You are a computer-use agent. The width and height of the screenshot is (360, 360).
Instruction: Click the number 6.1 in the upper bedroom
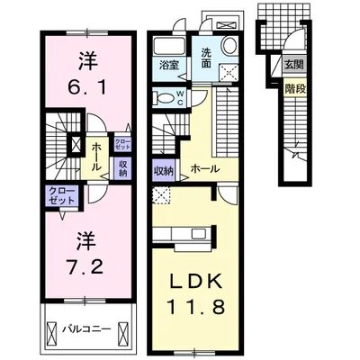point(87,88)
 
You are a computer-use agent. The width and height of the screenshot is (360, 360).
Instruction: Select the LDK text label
point(195,281)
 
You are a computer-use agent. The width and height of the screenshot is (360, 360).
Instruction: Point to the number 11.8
point(195,306)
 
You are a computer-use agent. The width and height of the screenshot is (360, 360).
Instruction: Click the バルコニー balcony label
point(86,329)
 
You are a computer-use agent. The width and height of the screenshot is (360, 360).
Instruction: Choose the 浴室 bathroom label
point(169,66)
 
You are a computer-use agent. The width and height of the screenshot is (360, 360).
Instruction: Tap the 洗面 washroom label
point(206,58)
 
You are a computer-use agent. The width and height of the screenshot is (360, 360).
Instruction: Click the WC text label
point(181,98)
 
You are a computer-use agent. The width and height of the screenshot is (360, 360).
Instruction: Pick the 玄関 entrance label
point(294,65)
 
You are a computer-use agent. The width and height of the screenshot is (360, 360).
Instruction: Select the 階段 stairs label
point(295,89)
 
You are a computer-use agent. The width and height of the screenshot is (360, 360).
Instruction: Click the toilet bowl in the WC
point(164,98)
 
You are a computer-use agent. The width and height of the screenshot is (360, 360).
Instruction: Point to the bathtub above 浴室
point(168,47)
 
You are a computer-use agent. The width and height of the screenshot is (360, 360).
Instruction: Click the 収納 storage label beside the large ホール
point(164,171)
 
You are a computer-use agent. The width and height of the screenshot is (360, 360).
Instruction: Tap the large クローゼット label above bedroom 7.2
point(62,195)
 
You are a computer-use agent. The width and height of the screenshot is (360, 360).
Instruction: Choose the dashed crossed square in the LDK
point(161,194)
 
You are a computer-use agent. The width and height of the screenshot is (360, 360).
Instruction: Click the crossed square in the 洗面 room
point(229,72)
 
